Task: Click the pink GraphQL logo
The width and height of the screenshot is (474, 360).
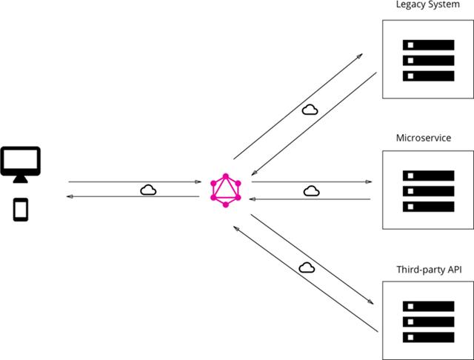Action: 226,190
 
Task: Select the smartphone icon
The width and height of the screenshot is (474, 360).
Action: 21,209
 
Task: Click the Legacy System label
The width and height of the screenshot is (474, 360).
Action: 427,6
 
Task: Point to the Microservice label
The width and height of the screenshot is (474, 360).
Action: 424,138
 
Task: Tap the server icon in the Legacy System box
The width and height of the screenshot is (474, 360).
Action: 428,60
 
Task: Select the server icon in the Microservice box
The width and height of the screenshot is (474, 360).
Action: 428,190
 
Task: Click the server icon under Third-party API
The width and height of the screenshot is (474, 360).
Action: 428,321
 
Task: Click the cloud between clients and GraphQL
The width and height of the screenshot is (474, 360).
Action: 148,190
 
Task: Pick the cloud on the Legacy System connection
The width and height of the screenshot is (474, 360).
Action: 310,110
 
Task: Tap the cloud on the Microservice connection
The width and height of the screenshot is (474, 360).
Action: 311,190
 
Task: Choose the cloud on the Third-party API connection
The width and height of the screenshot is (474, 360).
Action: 307,267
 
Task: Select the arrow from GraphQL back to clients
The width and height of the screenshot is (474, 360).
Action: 133,197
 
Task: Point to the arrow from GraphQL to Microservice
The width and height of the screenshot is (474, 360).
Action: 311,181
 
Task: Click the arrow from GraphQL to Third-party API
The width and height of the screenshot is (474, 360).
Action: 312,259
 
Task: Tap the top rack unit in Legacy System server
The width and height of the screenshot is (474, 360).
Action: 428,44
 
